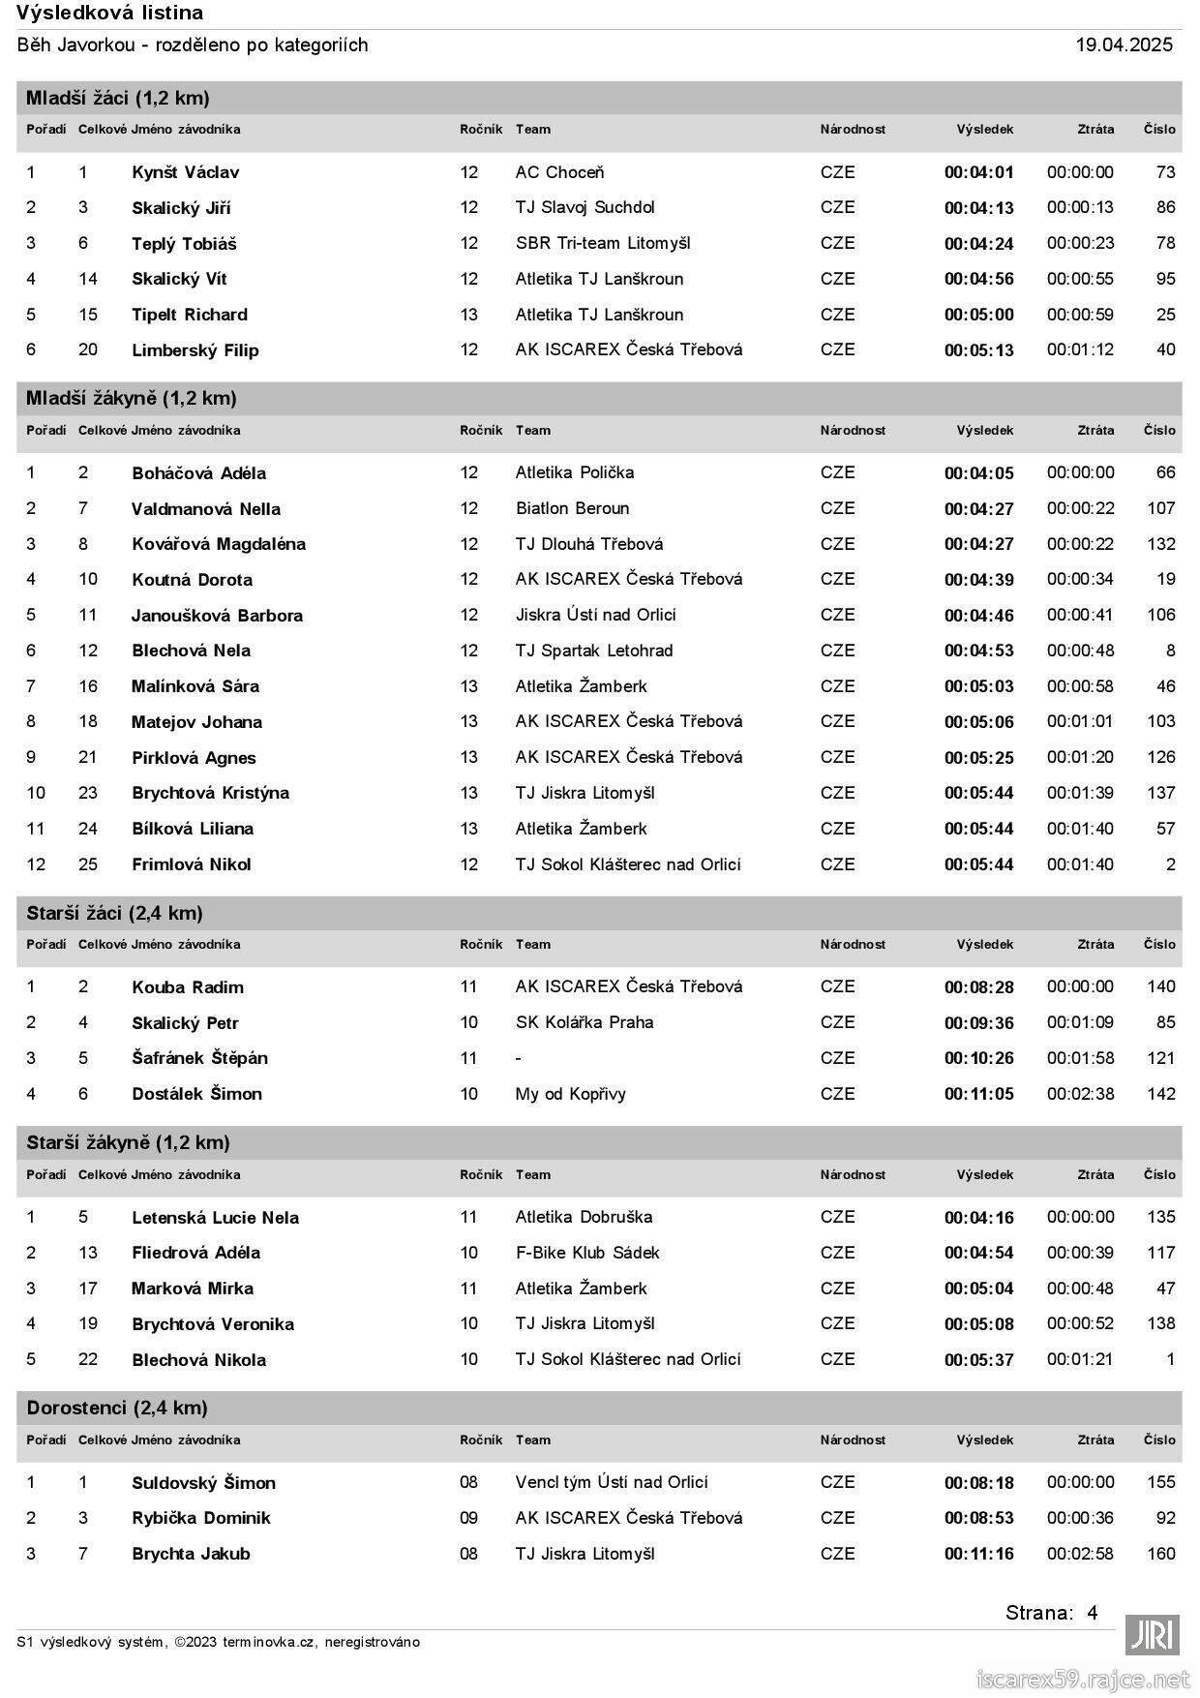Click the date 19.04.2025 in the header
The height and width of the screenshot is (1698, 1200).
click(x=1124, y=45)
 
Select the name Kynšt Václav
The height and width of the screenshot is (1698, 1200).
click(x=185, y=172)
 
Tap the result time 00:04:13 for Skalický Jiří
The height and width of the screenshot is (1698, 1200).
click(x=978, y=208)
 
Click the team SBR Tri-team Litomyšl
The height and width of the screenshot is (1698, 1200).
click(x=602, y=243)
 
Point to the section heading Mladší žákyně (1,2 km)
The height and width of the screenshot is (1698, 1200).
click(x=132, y=398)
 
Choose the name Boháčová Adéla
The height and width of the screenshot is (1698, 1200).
click(x=198, y=473)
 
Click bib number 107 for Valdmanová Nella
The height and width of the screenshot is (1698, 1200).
click(x=1160, y=508)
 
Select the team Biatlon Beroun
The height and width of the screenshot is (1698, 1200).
click(x=572, y=508)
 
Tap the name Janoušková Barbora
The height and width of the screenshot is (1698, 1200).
click(x=217, y=616)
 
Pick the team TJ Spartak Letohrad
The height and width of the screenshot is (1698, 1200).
click(x=593, y=651)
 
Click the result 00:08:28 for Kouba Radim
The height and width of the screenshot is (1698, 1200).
click(x=978, y=987)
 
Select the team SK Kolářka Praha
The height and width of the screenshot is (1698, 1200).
click(x=584, y=1022)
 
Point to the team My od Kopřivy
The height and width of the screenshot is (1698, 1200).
click(x=570, y=1094)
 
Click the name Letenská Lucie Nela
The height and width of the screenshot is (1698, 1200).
click(x=215, y=1218)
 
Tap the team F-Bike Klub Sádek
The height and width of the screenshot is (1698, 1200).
click(x=586, y=1253)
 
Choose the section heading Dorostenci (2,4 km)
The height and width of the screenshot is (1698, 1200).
click(x=117, y=1408)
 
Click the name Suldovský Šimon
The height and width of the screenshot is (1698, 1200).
click(x=203, y=1483)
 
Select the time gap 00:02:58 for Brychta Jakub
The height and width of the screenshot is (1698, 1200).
click(x=1080, y=1554)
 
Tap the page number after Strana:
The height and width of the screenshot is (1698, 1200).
click(x=1092, y=1613)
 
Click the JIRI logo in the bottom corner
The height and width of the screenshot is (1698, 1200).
click(x=1152, y=1635)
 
